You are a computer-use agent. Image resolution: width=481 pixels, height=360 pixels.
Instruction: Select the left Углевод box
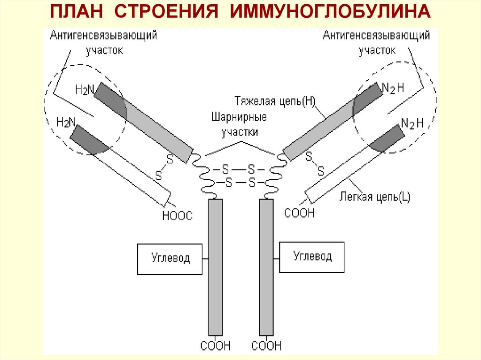pyautogui.click(x=171, y=259)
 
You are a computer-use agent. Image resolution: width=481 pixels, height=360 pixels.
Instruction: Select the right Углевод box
pyautogui.click(x=312, y=257)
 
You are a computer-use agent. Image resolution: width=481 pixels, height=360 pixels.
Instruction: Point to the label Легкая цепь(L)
pyautogui.click(x=375, y=197)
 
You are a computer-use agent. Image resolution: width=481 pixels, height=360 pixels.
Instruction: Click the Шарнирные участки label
pyautogui.click(x=240, y=124)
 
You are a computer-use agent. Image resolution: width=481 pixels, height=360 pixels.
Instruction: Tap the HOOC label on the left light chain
pyautogui.click(x=177, y=215)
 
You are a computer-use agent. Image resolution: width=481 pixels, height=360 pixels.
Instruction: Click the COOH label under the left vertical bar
pyautogui.click(x=216, y=346)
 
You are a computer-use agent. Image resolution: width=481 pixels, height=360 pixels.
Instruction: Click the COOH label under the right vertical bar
pyautogui.click(x=266, y=346)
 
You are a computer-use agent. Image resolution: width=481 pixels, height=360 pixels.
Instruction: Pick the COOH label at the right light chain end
pyautogui.click(x=300, y=213)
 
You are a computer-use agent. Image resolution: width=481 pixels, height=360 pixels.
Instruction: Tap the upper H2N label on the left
pyautogui.click(x=85, y=90)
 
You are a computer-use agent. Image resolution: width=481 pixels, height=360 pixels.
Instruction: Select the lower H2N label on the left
pyautogui.click(x=66, y=123)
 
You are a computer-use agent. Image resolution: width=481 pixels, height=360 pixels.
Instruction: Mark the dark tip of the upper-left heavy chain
pyautogui.click(x=109, y=100)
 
